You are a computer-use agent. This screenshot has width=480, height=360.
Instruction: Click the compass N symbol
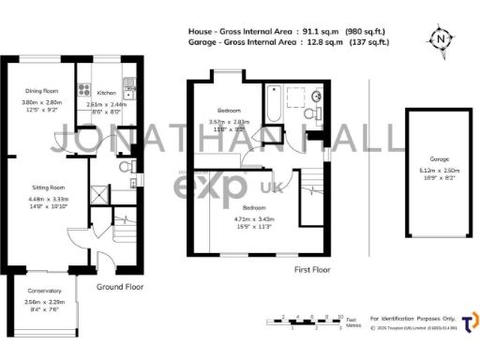pos(439,39)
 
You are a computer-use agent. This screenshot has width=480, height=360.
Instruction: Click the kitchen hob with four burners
pos(83,91)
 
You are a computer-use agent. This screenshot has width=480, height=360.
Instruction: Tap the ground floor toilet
pos(125,167)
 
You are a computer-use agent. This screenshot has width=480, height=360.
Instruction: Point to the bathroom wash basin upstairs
pos(317,97)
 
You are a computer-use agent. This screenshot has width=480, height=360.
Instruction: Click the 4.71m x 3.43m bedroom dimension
pos(254,220)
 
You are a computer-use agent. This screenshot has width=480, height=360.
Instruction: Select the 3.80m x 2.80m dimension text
pos(41,102)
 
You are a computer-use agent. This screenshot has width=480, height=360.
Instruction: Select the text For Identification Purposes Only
pos(412,318)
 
